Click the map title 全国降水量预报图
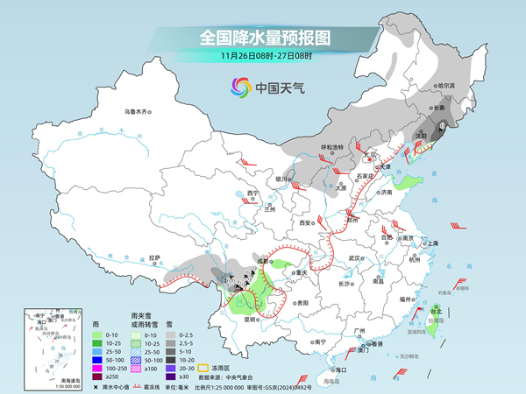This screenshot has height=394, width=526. [264, 38]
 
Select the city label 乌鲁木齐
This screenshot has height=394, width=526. [137, 111]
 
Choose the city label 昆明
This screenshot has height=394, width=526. [249, 319]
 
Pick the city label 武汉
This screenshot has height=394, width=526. [354, 258]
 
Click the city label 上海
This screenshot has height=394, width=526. [432, 243]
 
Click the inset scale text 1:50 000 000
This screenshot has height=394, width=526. [39, 386]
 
